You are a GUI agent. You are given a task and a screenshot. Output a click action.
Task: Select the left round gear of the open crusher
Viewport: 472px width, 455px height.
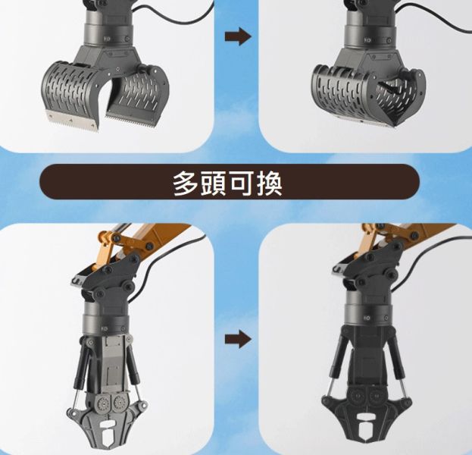100,403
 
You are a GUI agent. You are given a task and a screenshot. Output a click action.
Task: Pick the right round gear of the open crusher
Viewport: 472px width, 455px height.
118,403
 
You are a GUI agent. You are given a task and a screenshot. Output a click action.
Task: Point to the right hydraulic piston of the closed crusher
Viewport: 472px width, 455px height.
402,372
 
